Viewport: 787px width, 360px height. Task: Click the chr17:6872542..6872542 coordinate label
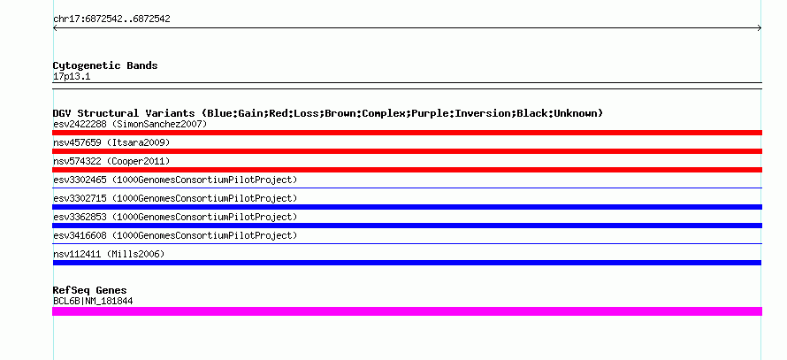[111, 19]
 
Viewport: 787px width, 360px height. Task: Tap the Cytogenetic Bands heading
[105, 65]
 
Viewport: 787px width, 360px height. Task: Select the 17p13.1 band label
[72, 77]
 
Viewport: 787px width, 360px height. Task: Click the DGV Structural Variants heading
[328, 113]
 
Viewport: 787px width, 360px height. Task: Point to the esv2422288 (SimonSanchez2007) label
[130, 124]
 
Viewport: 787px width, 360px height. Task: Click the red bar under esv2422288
[407, 133]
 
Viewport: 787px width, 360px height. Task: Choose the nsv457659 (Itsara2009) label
[111, 142]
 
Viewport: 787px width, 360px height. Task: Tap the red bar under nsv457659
[407, 151]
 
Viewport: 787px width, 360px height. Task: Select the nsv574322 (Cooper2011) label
[111, 161]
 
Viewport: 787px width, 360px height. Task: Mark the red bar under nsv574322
[407, 170]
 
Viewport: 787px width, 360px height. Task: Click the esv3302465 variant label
[175, 180]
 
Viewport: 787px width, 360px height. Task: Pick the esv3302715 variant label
[175, 198]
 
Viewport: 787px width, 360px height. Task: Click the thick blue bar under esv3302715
[407, 207]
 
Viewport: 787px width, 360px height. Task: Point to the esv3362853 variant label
[175, 217]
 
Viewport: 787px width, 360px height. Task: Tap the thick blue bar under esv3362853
[407, 226]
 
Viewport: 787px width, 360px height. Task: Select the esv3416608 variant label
[175, 235]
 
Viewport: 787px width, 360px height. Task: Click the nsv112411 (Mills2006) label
[109, 254]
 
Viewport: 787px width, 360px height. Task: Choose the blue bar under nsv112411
[407, 263]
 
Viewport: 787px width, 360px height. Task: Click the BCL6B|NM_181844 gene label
[93, 302]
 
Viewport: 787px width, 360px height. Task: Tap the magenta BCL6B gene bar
[407, 311]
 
